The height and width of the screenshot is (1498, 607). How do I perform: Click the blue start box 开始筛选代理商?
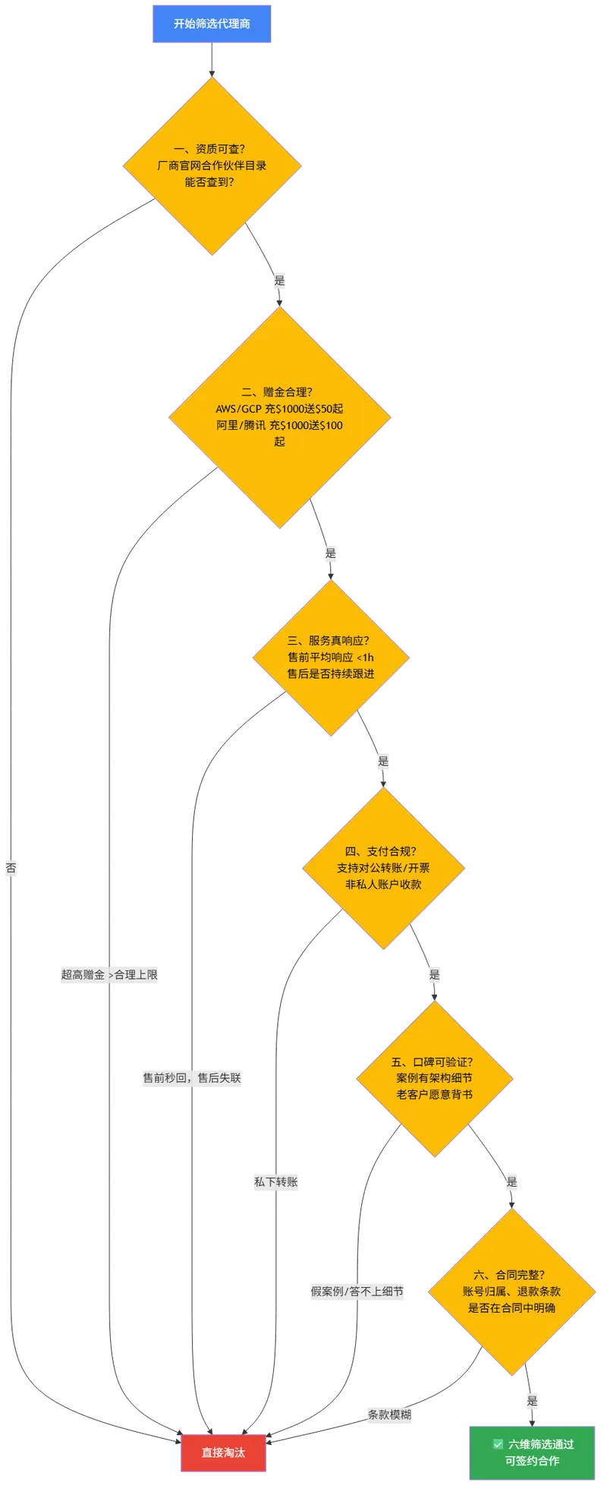[x=212, y=24]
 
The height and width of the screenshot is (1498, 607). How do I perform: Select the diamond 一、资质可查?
[x=212, y=166]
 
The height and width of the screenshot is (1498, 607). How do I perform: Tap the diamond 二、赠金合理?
[x=279, y=417]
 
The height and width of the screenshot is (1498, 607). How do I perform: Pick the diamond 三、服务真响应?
[x=331, y=658]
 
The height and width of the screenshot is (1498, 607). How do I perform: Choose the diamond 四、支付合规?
[x=383, y=868]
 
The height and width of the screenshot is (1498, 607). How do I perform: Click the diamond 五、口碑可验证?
[x=435, y=1078]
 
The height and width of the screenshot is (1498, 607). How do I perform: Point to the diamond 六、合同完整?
[x=511, y=1291]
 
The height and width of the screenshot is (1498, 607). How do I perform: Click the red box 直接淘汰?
[x=223, y=1452]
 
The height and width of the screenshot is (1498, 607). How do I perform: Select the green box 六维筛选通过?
[x=532, y=1452]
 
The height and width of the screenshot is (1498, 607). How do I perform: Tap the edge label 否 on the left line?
[x=11, y=868]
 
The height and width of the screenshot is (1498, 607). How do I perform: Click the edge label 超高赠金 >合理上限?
[x=109, y=974]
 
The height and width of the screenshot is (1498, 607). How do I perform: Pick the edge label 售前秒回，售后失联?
[x=192, y=1077]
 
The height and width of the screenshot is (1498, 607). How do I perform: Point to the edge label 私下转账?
[x=275, y=1181]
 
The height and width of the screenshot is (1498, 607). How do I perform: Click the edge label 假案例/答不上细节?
[x=357, y=1291]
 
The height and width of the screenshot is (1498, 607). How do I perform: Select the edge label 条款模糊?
[x=389, y=1414]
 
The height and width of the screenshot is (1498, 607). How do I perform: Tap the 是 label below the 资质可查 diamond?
[x=279, y=281]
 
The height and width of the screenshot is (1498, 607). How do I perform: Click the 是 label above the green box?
[x=532, y=1401]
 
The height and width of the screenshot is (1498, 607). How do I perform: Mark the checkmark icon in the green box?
[x=498, y=1444]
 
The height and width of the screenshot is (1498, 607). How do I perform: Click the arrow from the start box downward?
[x=212, y=60]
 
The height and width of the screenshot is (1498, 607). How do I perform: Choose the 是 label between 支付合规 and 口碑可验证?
[x=434, y=974]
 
